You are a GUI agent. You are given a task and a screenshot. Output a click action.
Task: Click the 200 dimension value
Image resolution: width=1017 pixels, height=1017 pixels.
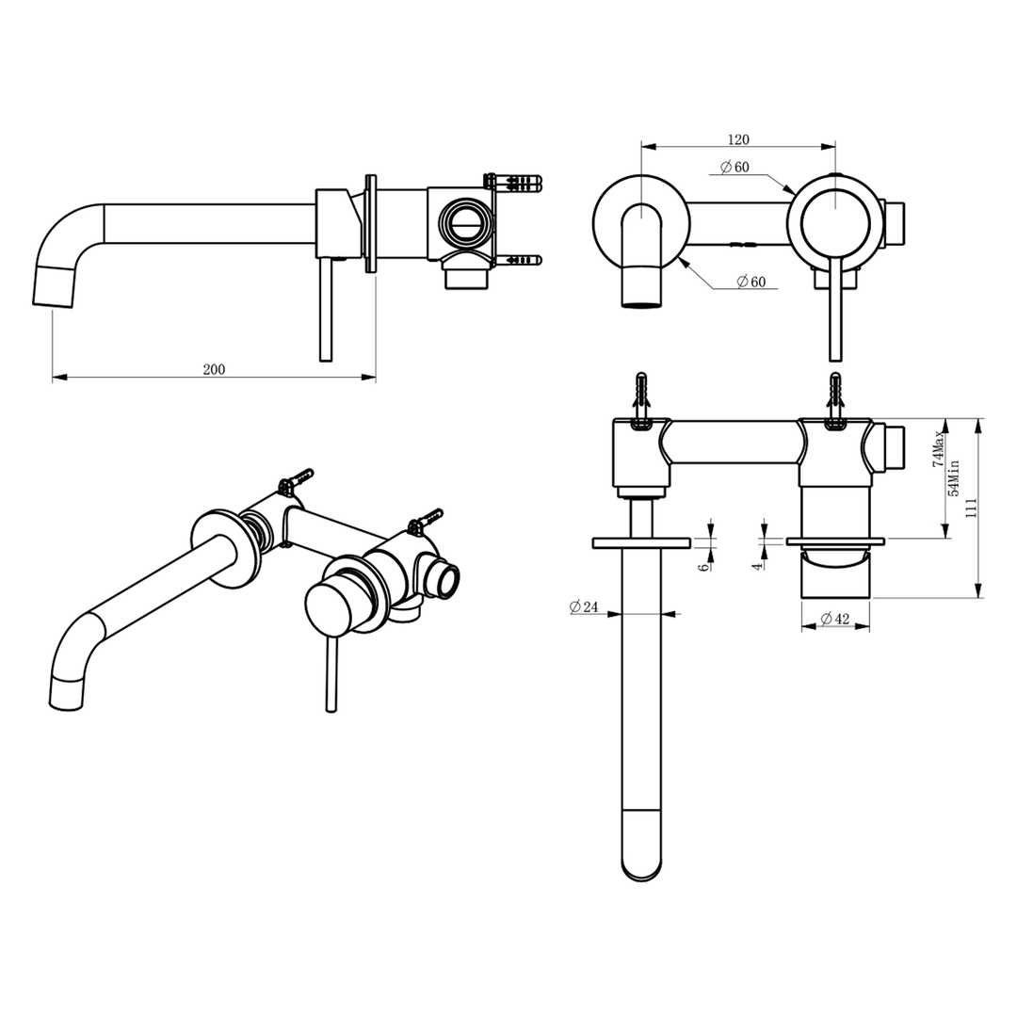click(214, 370)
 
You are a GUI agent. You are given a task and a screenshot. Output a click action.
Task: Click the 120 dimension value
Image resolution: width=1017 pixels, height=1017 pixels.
click(738, 139)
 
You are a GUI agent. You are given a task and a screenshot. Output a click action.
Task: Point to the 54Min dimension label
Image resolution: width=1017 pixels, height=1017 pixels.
click(954, 477)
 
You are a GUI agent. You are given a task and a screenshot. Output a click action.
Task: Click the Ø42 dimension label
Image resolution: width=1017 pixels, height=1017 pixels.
click(836, 619)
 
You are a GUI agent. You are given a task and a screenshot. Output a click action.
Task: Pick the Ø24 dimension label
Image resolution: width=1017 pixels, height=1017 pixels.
click(585, 607)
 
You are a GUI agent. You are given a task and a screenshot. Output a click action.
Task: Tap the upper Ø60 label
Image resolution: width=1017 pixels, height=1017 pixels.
click(734, 168)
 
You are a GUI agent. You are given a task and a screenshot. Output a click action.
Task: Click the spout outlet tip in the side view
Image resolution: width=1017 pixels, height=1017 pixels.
click(55, 286)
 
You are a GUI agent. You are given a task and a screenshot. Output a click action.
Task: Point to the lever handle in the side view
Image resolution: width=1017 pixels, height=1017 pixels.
click(326, 311)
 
